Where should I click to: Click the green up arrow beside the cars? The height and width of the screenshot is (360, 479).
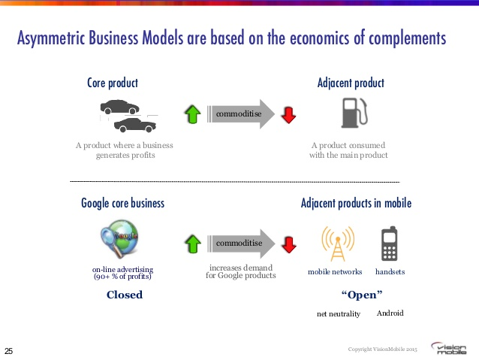tap(192, 114)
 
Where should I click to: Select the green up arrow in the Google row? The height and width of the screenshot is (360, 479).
tap(192, 244)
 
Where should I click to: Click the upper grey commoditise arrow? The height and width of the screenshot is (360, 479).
tap(239, 114)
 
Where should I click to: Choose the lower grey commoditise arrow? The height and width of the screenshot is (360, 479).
tap(239, 244)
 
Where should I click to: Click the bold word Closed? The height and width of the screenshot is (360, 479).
tap(125, 295)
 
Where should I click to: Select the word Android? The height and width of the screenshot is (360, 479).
tap(390, 313)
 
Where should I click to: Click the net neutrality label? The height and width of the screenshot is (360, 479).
tap(339, 313)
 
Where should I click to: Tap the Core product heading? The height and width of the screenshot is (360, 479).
tap(113, 83)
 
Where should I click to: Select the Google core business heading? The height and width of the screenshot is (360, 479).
tap(122, 203)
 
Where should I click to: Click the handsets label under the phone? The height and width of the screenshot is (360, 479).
tap(390, 271)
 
